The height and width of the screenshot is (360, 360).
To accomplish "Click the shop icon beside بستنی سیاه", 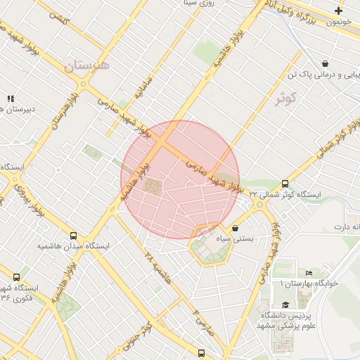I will pyautogui.click(x=235, y=228).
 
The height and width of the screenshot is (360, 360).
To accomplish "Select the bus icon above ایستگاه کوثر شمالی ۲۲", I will pyautogui.click(x=285, y=184).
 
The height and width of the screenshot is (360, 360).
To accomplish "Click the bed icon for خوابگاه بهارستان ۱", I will pyautogui.click(x=309, y=273).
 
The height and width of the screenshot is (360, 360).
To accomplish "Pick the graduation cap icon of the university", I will pyautogui.click(x=285, y=304).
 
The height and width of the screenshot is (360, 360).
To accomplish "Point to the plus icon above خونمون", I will pyautogui.click(x=339, y=11).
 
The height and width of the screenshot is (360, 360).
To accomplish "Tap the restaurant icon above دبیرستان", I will pyautogui.click(x=10, y=99).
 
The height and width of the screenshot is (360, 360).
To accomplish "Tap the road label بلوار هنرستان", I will pyautogui.click(x=65, y=109).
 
